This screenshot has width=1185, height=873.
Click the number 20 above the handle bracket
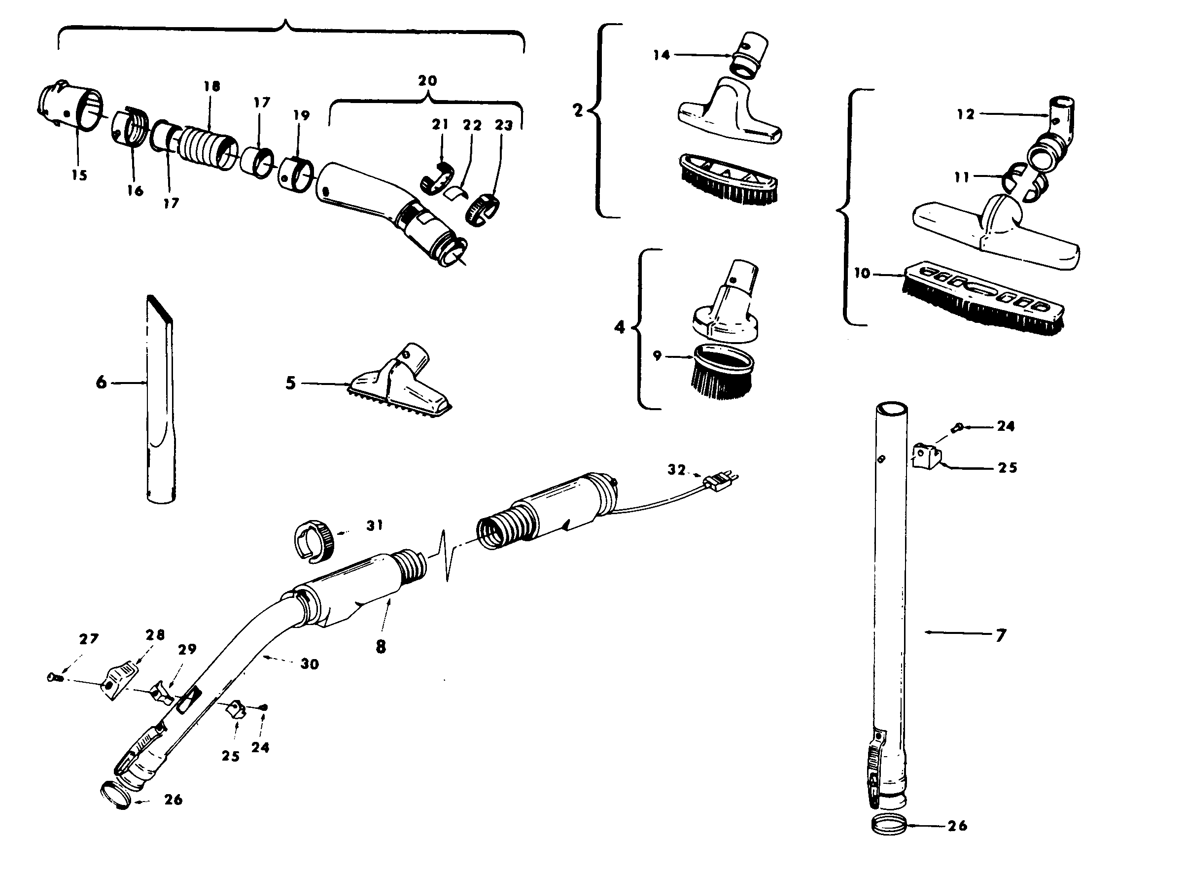pyautogui.click(x=427, y=81)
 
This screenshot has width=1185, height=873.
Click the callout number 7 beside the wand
pyautogui.click(x=1001, y=635)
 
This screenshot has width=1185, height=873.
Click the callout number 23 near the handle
pyautogui.click(x=503, y=125)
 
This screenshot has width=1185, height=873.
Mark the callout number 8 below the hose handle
pyautogui.click(x=381, y=647)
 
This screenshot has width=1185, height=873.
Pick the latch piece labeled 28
pyautogui.click(x=120, y=682)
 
